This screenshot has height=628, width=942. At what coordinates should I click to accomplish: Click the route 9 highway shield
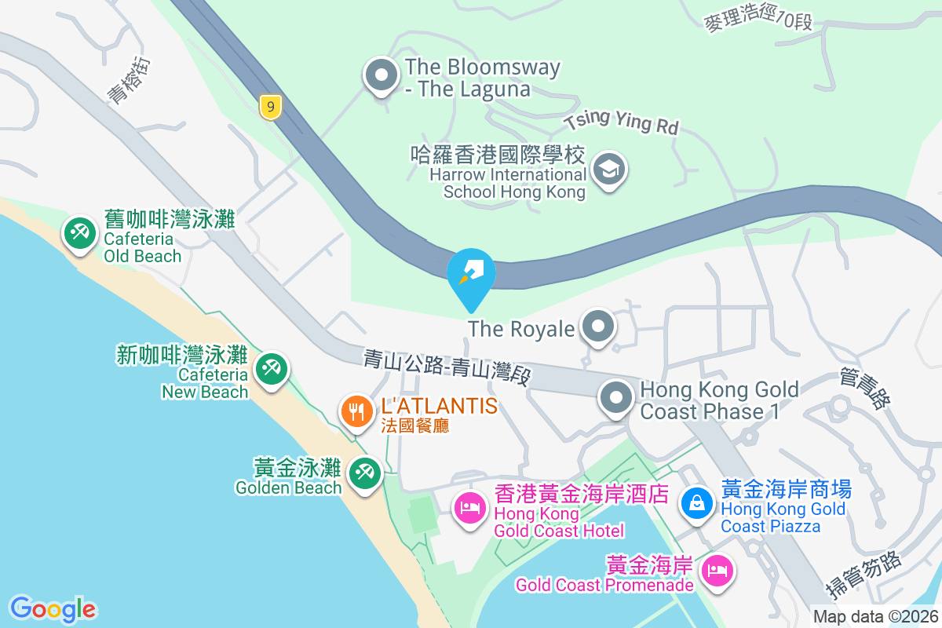pyautogui.click(x=270, y=107)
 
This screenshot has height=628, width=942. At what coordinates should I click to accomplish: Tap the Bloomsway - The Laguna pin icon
pyautogui.click(x=382, y=76)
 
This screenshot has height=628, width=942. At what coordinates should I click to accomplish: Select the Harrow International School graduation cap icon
pyautogui.click(x=608, y=169)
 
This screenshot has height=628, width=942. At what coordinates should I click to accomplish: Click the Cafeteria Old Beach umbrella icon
pyautogui.click(x=79, y=233)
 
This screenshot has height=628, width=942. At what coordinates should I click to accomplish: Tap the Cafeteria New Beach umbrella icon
pyautogui.click(x=272, y=368)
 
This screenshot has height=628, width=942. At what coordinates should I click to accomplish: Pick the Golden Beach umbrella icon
pyautogui.click(x=363, y=473)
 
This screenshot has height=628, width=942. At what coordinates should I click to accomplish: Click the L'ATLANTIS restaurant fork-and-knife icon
pyautogui.click(x=357, y=411)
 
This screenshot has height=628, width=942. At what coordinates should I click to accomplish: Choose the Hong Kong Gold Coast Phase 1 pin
pyautogui.click(x=616, y=397)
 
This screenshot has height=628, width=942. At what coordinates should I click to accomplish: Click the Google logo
pyautogui.click(x=53, y=609)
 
